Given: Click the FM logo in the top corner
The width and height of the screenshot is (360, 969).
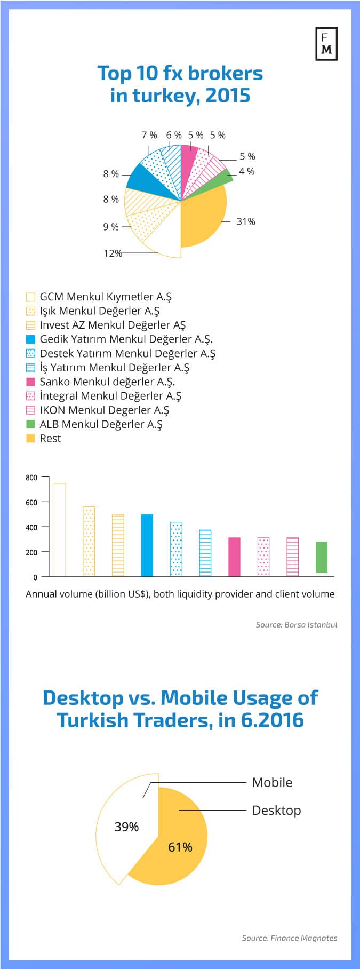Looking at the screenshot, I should [x=326, y=43].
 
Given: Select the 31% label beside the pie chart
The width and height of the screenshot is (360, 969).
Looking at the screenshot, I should [x=246, y=221].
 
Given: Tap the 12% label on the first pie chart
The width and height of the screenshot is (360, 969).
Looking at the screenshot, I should [x=113, y=253].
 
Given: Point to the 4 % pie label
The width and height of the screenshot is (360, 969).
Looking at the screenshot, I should [x=247, y=171].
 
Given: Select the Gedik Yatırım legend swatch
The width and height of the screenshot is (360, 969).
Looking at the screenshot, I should [x=30, y=339].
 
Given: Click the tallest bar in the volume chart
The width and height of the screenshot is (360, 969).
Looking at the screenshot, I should [x=60, y=529].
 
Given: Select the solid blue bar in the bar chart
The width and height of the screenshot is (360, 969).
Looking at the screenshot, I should [x=147, y=545].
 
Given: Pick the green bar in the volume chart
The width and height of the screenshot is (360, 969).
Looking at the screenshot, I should [x=321, y=558].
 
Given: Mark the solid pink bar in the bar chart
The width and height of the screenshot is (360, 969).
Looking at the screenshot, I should [x=234, y=557].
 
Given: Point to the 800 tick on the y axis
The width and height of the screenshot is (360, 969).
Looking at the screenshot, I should [x=31, y=478].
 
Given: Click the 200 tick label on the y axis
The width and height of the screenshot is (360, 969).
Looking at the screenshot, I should [x=31, y=552].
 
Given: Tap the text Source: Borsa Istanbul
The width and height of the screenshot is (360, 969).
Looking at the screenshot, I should [x=297, y=624].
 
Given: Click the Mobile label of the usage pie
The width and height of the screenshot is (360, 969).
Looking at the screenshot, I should [x=272, y=782].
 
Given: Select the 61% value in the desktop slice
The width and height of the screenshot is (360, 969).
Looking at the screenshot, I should [x=180, y=847].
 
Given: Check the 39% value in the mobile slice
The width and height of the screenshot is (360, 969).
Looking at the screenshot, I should [x=126, y=827].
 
